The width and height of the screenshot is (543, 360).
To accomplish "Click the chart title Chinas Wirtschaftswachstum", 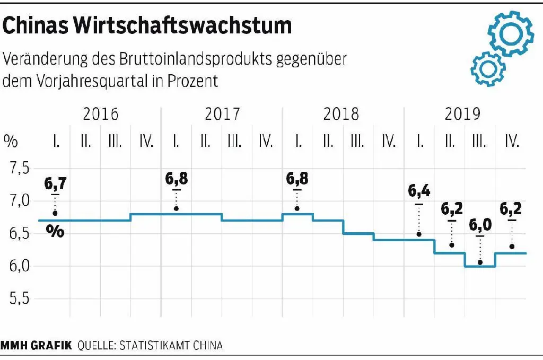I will [147, 26].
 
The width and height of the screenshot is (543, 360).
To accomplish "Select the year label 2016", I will [101, 114].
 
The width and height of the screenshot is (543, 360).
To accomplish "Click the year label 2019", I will [462, 114].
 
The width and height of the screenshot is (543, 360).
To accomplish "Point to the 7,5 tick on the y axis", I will [19, 169].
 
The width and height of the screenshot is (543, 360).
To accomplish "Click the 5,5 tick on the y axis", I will [19, 299].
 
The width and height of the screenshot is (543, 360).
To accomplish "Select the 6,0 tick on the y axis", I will [19, 266].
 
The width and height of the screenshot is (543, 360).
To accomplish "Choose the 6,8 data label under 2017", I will [176, 179].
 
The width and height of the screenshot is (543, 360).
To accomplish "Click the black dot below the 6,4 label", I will [419, 234].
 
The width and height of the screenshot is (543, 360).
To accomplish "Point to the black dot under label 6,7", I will [55, 214].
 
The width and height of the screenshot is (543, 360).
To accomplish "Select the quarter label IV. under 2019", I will [511, 141].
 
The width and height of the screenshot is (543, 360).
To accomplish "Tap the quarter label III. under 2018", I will [357, 141].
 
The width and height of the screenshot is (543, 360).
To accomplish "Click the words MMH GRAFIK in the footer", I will [36, 346].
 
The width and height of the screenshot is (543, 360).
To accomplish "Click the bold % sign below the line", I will [55, 231].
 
